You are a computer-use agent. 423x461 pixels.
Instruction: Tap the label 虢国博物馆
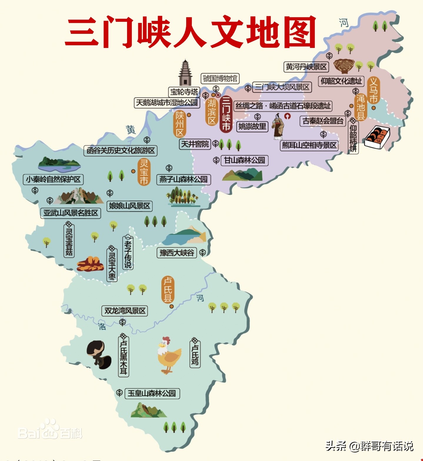tap(220, 78)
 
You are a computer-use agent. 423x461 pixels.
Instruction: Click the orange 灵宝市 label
tap(144, 172)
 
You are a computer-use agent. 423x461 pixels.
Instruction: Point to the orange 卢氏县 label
tap(168, 290)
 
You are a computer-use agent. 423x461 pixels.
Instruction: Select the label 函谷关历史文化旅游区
tap(120, 151)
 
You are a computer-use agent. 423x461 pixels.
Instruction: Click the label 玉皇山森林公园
tap(152, 393)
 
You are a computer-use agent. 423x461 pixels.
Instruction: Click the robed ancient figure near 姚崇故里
tap(278, 126)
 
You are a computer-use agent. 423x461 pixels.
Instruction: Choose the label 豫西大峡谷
tap(176, 253)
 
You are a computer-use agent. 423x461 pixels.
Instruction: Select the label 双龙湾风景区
tap(125, 311)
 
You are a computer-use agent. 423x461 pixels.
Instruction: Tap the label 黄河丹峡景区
tap(306, 67)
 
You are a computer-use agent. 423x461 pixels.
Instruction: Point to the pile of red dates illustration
tap(90, 264)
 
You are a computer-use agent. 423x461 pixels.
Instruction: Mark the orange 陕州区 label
tap(180, 124)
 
